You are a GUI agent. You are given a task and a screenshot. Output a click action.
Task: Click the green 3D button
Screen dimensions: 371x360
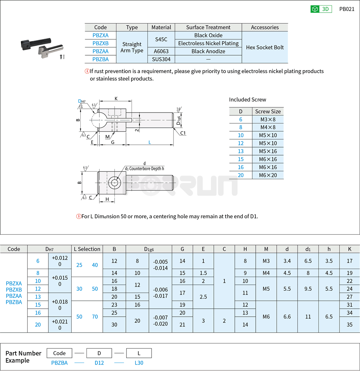[x=321, y=9]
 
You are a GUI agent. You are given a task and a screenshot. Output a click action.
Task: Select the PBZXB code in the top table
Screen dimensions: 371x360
[x=100, y=43]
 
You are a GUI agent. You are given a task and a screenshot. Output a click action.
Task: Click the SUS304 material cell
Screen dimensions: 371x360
[x=161, y=59]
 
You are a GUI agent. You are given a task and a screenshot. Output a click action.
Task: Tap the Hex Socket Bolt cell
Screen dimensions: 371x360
[x=265, y=47]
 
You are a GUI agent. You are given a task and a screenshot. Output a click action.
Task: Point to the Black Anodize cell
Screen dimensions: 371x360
[x=208, y=51]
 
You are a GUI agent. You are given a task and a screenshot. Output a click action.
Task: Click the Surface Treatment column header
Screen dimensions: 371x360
[x=208, y=27]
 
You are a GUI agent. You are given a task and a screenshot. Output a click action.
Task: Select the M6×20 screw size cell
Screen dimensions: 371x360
[x=268, y=175]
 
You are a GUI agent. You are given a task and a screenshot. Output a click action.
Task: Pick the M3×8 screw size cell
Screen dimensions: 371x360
[x=268, y=119]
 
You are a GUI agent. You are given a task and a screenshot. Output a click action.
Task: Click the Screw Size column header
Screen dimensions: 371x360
[x=268, y=111]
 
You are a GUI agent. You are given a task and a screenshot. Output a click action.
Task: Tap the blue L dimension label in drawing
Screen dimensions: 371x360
[x=150, y=142]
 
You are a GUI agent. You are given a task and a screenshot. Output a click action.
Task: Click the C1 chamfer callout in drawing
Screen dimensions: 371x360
[x=183, y=133]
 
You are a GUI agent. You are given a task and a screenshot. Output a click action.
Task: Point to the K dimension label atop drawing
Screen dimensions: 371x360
[x=116, y=99]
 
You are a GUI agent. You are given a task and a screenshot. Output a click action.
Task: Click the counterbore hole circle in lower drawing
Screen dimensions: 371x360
[x=114, y=183]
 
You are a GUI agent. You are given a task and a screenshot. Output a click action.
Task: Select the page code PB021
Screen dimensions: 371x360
[x=347, y=9]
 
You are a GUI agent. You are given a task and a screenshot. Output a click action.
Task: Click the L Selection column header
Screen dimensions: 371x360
[x=87, y=249]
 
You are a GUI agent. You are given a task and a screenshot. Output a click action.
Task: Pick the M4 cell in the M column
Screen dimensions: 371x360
[x=266, y=273]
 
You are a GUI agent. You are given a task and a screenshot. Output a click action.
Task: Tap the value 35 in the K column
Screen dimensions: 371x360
[x=349, y=324]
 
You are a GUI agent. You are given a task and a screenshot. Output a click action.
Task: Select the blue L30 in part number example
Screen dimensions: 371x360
[x=139, y=363]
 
